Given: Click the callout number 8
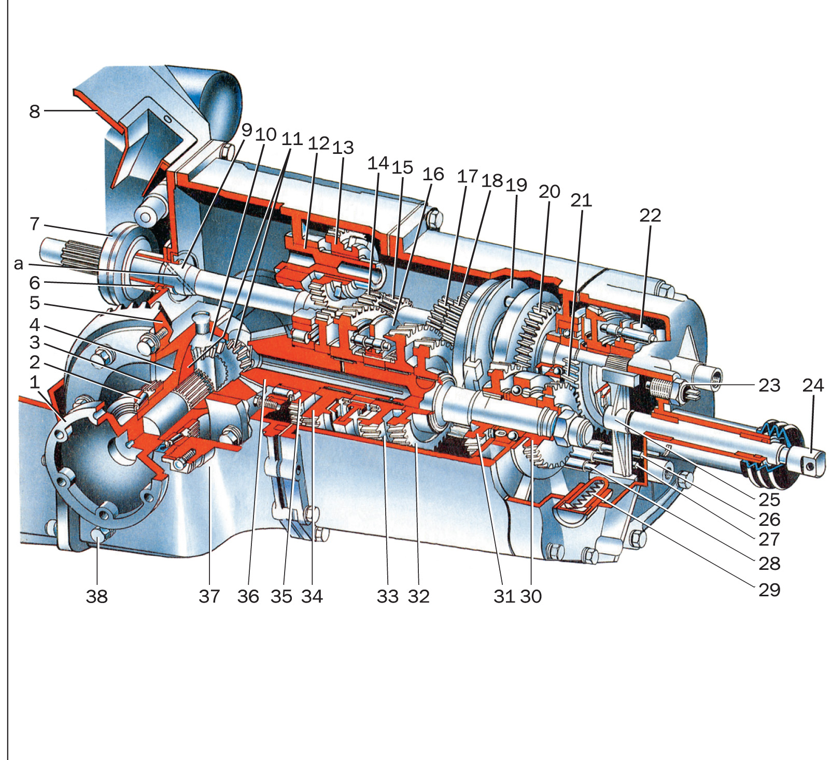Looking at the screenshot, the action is click(x=34, y=111).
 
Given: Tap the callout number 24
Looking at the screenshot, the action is click(x=812, y=385).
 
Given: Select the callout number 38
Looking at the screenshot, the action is click(x=97, y=596).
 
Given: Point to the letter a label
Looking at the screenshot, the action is click(x=19, y=264).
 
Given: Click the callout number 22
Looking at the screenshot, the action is click(x=650, y=216).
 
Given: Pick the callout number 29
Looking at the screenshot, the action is click(x=769, y=590).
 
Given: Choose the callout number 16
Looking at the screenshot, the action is click(x=433, y=175).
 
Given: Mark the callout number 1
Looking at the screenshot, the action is click(x=35, y=382).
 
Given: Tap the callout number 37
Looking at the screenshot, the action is click(x=209, y=596).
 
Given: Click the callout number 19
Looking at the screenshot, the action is click(x=516, y=185).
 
